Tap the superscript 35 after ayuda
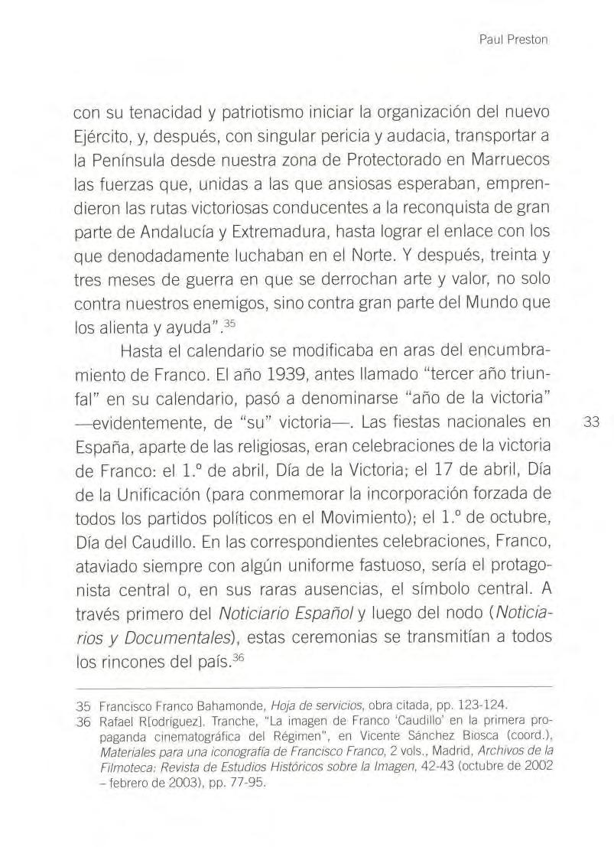coord(220,314)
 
